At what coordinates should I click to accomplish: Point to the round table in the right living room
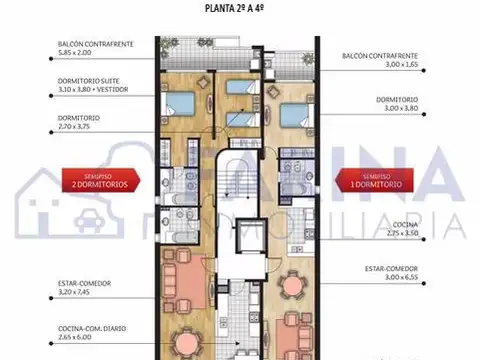click(293, 287)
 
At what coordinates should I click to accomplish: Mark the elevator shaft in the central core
click(241, 242)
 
